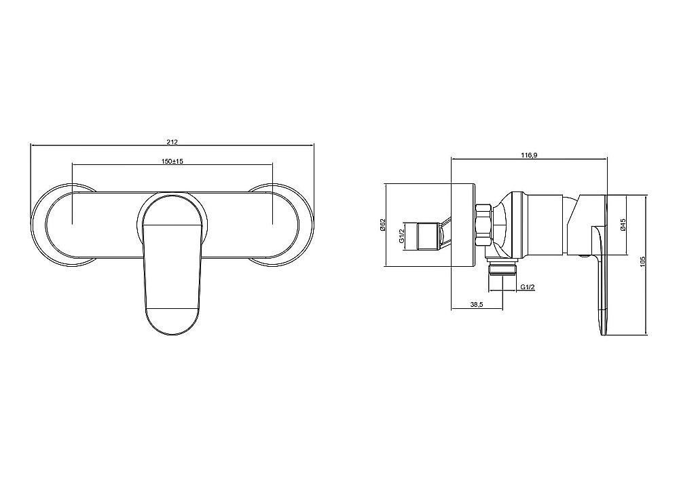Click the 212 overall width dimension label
(172, 141)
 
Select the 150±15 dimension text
(172, 161)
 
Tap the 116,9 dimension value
(529, 155)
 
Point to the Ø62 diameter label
(382, 225)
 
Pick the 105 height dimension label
(642, 262)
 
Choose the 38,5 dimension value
(477, 305)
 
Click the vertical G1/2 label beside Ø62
(401, 236)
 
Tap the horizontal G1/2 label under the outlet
(528, 287)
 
